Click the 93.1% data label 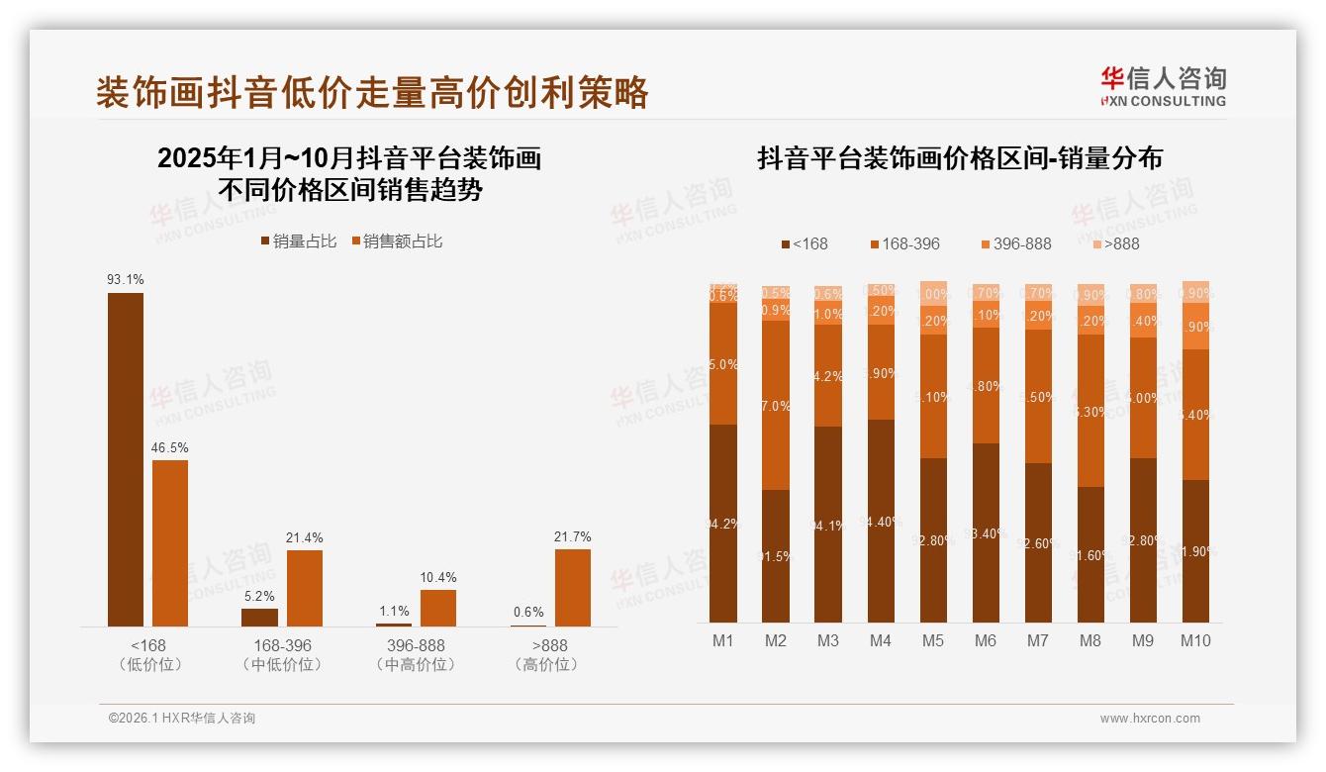pos(125,280)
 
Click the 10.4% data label pos(438,577)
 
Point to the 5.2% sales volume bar pos(259,617)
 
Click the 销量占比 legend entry pos(299,241)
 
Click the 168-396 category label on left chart pos(282,645)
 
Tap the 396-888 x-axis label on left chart pos(417,645)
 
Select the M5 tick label pos(933,640)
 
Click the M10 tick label pos(1195,640)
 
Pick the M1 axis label pos(723,640)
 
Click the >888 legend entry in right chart pos(1115,243)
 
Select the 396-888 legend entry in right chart pos(1015,243)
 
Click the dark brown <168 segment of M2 pos(776,555)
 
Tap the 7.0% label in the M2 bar pos(776,406)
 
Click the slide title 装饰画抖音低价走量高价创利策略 pos(372,92)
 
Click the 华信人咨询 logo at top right pos(1163,86)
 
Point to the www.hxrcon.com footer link pos(1150,719)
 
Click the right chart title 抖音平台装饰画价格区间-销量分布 pos(960,158)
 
